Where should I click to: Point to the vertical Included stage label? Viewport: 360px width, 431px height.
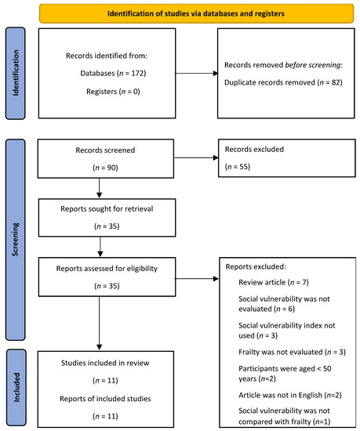click(x=14, y=388)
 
